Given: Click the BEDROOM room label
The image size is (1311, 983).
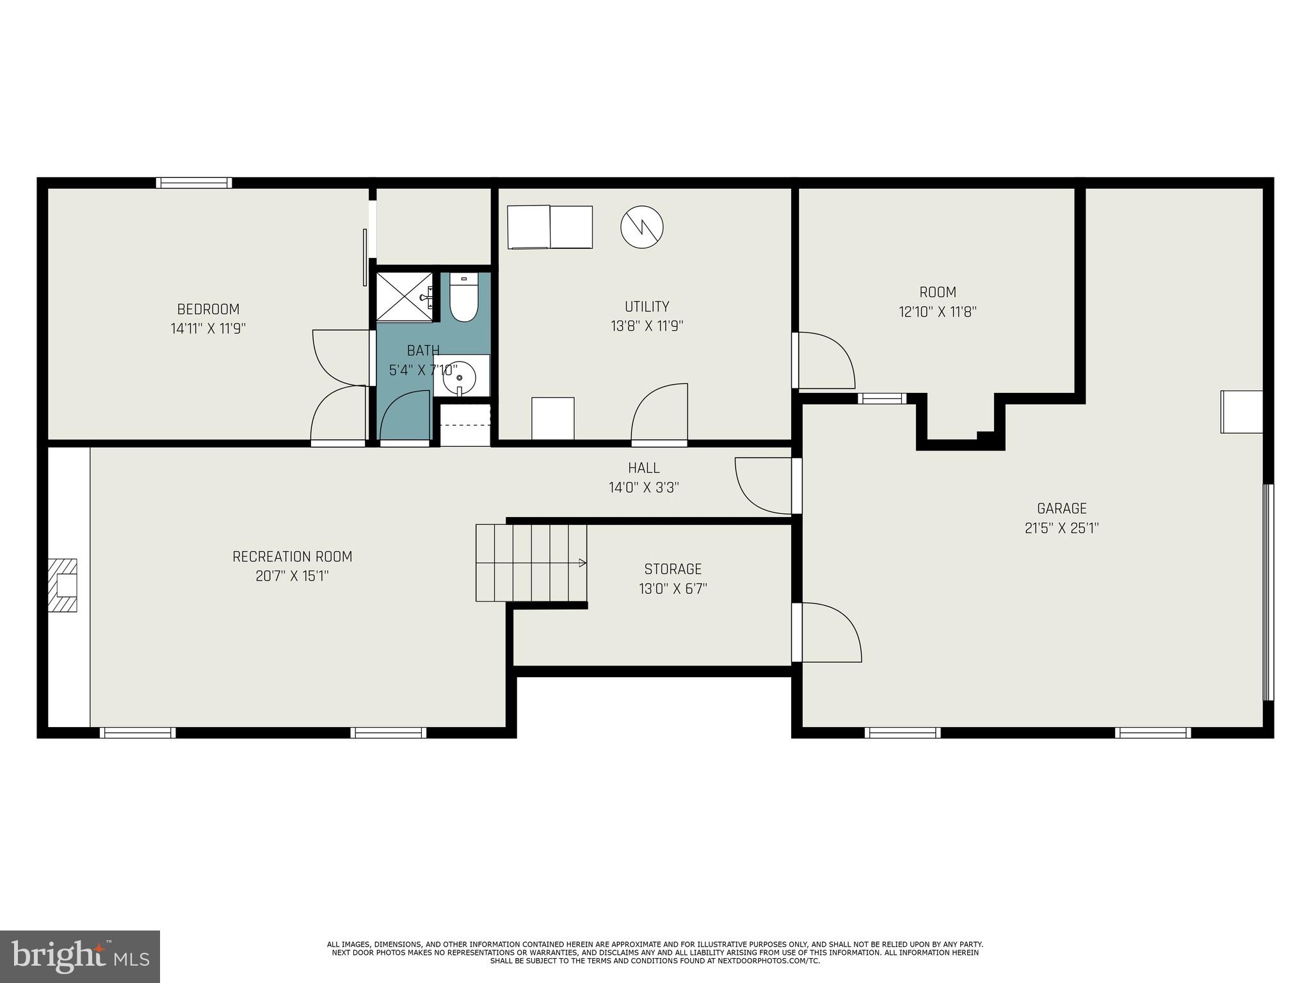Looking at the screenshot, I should pyautogui.click(x=208, y=309).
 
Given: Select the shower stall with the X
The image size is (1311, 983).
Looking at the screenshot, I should pyautogui.click(x=405, y=297).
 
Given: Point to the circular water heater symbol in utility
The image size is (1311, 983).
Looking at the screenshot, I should pyautogui.click(x=641, y=227).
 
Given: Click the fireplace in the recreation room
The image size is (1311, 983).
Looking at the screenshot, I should pyautogui.click(x=63, y=586).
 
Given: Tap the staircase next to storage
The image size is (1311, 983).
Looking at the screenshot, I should pyautogui.click(x=531, y=563).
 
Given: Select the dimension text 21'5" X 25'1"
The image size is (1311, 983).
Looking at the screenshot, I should pyautogui.click(x=1061, y=529).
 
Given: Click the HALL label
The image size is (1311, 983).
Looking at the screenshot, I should pyautogui.click(x=643, y=468).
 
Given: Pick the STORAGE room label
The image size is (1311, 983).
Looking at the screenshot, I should pyautogui.click(x=673, y=569).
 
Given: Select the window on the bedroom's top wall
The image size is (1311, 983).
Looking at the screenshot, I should pyautogui.click(x=194, y=183).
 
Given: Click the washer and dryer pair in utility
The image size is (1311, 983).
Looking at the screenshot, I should pyautogui.click(x=550, y=227).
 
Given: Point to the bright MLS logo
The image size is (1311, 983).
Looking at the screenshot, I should pyautogui.click(x=80, y=956).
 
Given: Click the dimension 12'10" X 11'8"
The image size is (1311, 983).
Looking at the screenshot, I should pyautogui.click(x=937, y=312).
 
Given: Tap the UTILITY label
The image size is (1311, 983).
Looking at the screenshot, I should pyautogui.click(x=647, y=306).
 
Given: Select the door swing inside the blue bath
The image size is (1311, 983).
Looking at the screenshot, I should pyautogui.click(x=405, y=416).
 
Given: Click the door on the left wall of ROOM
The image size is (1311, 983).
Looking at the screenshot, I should pyautogui.click(x=824, y=360).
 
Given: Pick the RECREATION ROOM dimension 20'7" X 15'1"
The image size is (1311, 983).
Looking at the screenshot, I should pyautogui.click(x=292, y=577).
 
